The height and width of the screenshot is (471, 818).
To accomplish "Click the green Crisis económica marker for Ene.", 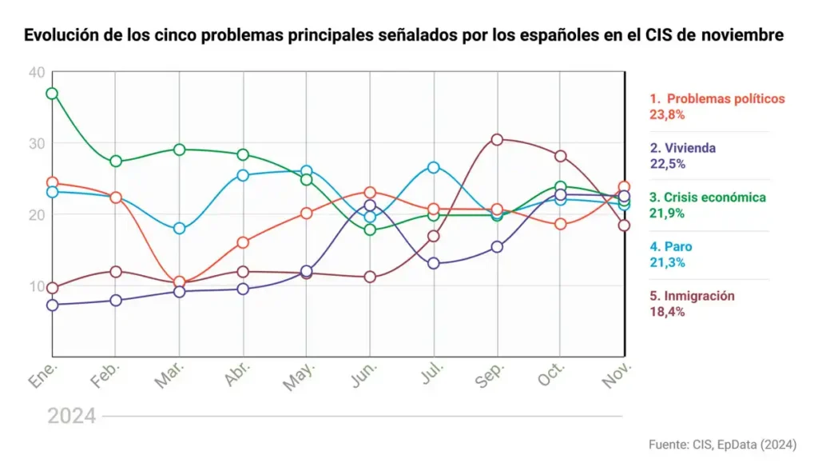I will pyautogui.click(x=52, y=94).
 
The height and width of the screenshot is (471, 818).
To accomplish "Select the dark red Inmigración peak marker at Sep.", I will pyautogui.click(x=497, y=139).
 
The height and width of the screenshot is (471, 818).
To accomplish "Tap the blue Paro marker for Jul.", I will pyautogui.click(x=433, y=167).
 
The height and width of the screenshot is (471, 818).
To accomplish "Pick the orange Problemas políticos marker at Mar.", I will pyautogui.click(x=180, y=282).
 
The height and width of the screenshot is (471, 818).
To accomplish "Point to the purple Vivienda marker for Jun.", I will pyautogui.click(x=370, y=206).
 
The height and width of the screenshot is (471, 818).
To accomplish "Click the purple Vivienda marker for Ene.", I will pyautogui.click(x=52, y=305).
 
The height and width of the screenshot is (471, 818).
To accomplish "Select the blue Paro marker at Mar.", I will pyautogui.click(x=180, y=228).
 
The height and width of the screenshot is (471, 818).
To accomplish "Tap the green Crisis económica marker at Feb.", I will pyautogui.click(x=116, y=161).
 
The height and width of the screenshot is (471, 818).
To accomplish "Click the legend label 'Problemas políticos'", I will pyautogui.click(x=725, y=99).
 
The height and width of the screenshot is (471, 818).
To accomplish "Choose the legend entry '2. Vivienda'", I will pyautogui.click(x=682, y=148).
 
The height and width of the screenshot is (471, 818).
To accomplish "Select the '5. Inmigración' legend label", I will pyautogui.click(x=692, y=296).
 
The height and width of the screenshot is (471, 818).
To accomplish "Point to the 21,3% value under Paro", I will pyautogui.click(x=667, y=262).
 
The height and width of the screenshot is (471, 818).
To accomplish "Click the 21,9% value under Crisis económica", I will pyautogui.click(x=667, y=213).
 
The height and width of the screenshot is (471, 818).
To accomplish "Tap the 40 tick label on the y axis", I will pyautogui.click(x=36, y=73).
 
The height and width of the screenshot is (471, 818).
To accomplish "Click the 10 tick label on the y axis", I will pyautogui.click(x=36, y=286).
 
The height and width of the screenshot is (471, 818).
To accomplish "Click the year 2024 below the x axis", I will pyautogui.click(x=72, y=416).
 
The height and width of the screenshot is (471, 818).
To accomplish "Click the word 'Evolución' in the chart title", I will pyautogui.click(x=59, y=37).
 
